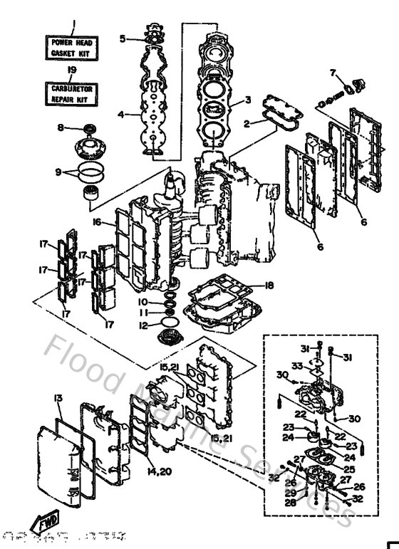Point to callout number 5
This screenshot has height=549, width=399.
[x=123, y=38]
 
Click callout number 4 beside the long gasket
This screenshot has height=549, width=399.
[x=121, y=114]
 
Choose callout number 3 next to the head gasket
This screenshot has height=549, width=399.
[x=247, y=100]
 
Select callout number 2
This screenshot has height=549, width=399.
[x=247, y=124]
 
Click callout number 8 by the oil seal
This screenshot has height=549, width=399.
[x=61, y=127]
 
